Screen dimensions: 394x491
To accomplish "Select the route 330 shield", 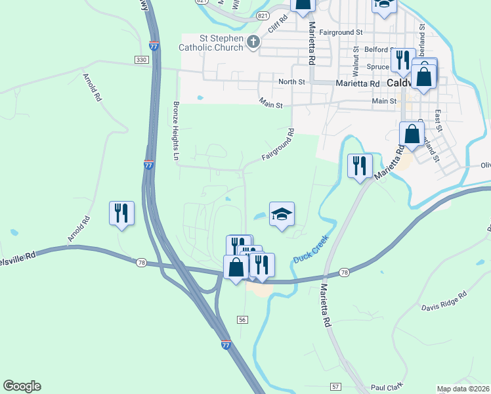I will click(x=141, y=60).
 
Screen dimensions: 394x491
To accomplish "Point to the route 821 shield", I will click(x=263, y=14).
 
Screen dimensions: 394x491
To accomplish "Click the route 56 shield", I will click(x=243, y=319).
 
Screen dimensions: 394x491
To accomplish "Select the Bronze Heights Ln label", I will click(x=176, y=131).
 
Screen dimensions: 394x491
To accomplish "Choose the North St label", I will click(x=292, y=82).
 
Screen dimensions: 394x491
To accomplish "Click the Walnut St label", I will click(x=355, y=59).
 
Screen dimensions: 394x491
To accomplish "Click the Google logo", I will click(x=22, y=386).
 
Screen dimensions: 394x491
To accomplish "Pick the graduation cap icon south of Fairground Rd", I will click(x=282, y=214).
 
